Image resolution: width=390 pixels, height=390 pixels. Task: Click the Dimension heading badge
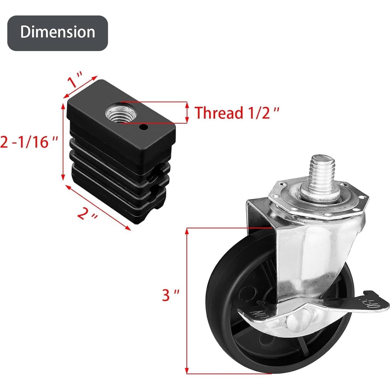tap(57, 33)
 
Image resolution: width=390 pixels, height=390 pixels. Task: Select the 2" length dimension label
tap(88, 214)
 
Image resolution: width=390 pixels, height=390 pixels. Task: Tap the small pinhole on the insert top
tap(144, 128)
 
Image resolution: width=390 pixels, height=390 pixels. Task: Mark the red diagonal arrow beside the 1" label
tap(81, 87)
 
